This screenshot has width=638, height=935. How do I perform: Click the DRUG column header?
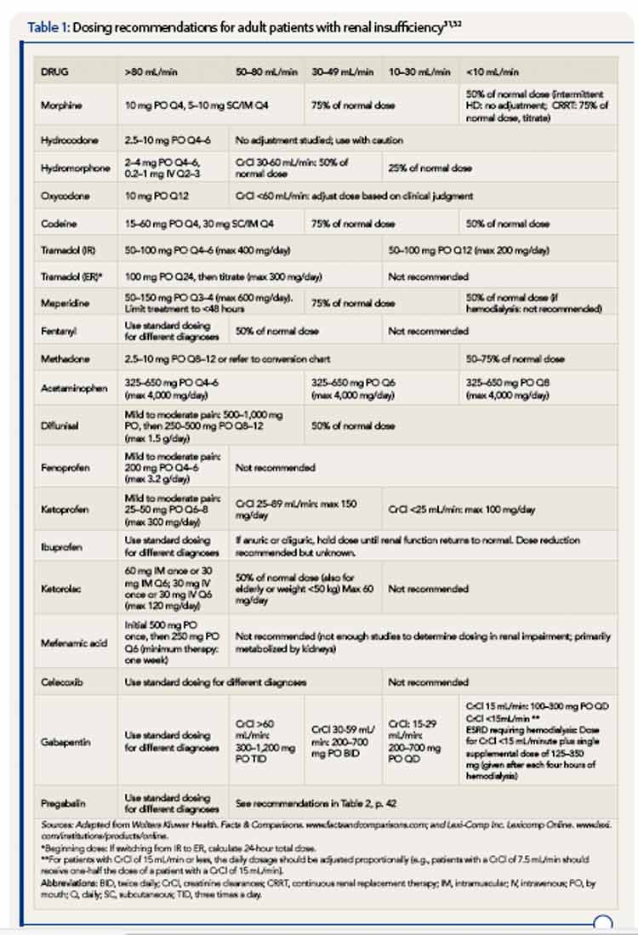click(x=55, y=72)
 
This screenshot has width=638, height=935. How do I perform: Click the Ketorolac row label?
click(x=60, y=588)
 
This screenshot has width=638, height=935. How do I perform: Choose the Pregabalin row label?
click(x=63, y=803)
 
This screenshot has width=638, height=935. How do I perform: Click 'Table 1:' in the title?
click(x=48, y=27)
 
